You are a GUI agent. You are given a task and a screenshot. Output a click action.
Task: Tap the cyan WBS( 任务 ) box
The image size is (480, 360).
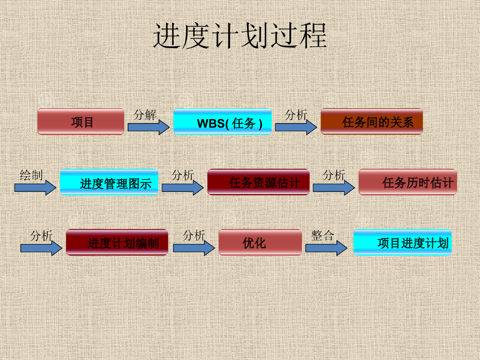click(223, 122)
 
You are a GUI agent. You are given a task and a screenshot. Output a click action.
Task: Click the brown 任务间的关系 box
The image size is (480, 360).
click(372, 121)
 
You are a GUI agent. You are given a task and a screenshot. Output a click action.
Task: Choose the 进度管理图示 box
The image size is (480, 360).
click(109, 182)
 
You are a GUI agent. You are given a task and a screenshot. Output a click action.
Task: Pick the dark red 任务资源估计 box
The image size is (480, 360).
click(258, 182)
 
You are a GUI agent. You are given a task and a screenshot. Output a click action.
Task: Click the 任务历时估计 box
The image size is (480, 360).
click(408, 182)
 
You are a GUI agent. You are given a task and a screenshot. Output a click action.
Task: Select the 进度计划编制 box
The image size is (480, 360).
click(117, 242)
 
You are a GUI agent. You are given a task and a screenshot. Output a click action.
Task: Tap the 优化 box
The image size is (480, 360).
click(260, 242)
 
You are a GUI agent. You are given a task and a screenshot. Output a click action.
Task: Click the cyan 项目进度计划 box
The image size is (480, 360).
click(402, 242)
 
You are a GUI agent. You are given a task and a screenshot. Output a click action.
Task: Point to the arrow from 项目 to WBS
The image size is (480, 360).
click(149, 127)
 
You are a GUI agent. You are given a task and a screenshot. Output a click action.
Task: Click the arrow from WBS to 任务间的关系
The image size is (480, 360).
click(296, 127)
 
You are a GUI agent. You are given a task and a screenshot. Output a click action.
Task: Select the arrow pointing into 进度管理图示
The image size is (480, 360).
click(35, 187)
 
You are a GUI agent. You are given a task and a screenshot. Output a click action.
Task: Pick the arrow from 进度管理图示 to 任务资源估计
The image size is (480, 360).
click(182, 187)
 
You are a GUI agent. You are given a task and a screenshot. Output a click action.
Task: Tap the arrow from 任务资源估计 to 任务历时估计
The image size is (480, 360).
click(334, 187)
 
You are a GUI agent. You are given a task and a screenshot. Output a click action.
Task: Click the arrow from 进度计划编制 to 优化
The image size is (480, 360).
click(194, 248)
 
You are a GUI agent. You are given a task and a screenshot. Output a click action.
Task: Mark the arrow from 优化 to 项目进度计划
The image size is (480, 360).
click(326, 248)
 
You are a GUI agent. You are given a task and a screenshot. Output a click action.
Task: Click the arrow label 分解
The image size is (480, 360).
click(145, 115)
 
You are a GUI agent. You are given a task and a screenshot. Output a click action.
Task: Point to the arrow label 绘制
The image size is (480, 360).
click(31, 175)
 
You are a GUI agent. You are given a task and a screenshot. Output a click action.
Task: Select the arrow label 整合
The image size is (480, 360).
click(322, 235)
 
